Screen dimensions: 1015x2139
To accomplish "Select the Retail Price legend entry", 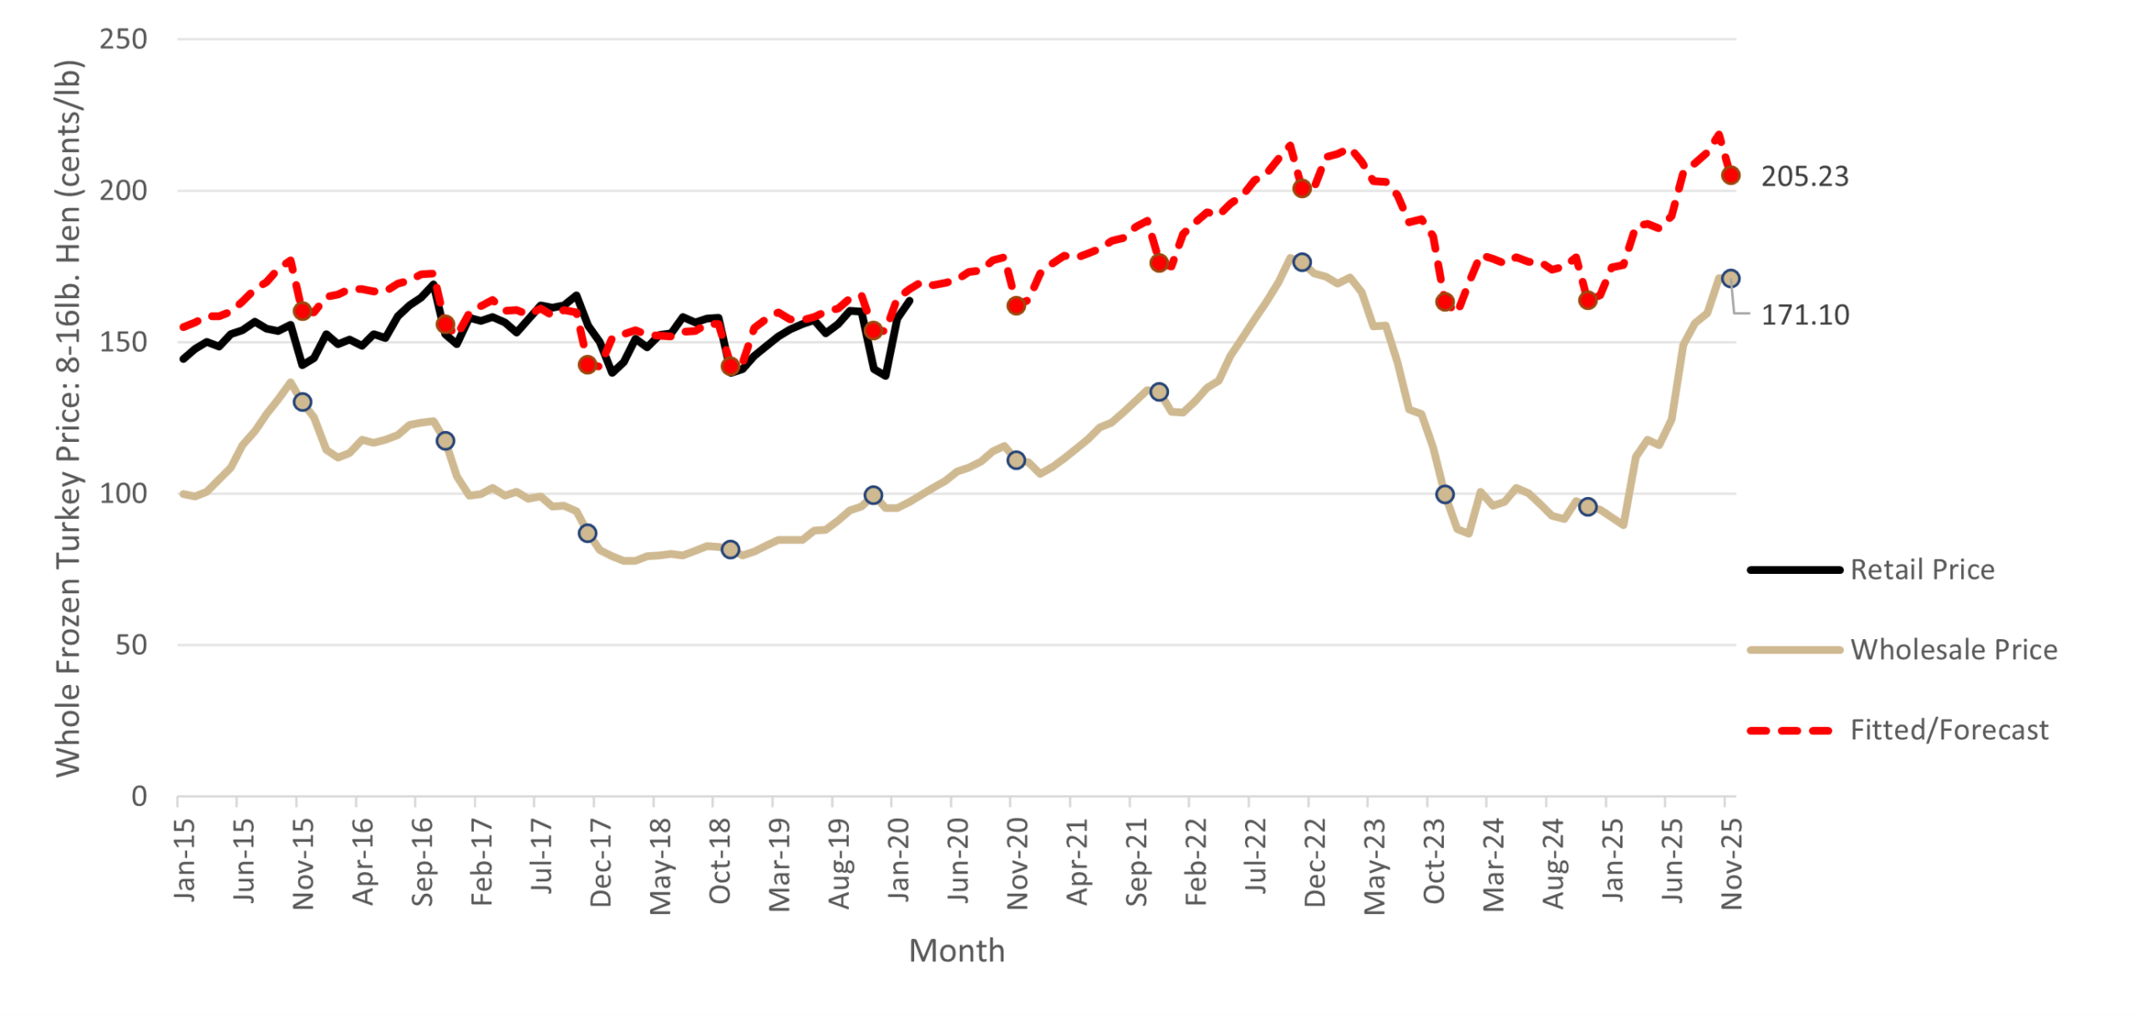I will [x=1921, y=570].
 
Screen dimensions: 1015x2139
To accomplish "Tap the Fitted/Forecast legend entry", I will [x=1948, y=730].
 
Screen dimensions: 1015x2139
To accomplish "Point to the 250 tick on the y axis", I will [x=123, y=39].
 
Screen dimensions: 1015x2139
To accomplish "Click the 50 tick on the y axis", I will [x=131, y=645].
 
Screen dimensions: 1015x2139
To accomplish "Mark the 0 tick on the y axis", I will [x=139, y=796].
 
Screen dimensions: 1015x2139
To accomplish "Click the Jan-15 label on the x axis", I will [x=185, y=860].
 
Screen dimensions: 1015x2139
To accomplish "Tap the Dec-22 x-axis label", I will [x=1314, y=863].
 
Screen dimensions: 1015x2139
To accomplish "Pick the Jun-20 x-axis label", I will [x=958, y=860].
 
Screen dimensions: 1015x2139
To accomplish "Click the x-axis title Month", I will [x=956, y=951].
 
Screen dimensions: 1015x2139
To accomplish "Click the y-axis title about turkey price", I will [x=68, y=418].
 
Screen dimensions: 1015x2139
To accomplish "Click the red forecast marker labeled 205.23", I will [x=1730, y=175].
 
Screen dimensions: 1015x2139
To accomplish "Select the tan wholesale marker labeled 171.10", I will [x=1730, y=278].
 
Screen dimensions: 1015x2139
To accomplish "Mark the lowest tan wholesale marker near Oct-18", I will [x=729, y=550].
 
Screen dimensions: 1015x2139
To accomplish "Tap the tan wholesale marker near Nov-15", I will [x=302, y=402].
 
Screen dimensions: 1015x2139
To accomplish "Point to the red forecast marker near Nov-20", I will [x=1015, y=306].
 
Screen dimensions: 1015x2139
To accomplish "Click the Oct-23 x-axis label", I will [x=1434, y=863].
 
